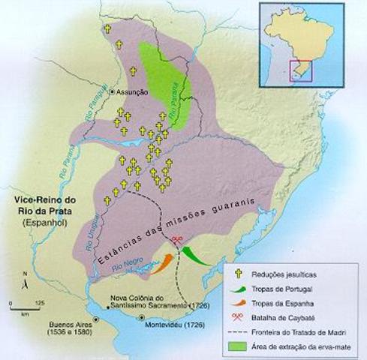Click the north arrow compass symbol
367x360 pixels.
(x=25, y=282)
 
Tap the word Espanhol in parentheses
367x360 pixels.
(x=44, y=223)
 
